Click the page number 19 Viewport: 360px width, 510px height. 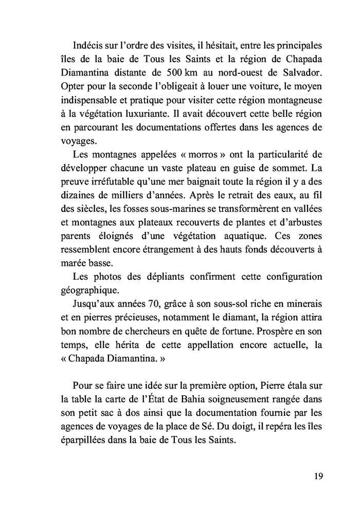317,476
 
